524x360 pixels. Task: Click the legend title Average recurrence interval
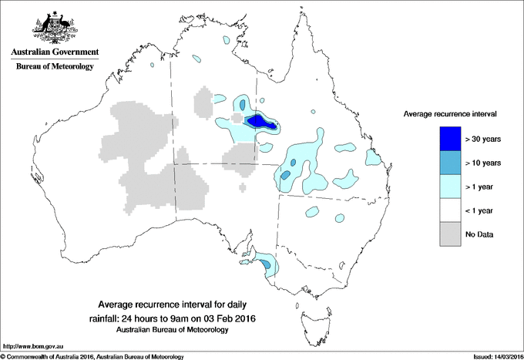tap(450, 113)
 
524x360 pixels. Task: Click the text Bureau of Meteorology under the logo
tap(54, 67)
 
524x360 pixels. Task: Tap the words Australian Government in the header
tap(54, 53)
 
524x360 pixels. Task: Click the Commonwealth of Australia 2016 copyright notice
tap(92, 355)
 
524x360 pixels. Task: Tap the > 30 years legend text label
tap(483, 139)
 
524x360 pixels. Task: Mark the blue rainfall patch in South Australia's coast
tap(267, 264)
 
